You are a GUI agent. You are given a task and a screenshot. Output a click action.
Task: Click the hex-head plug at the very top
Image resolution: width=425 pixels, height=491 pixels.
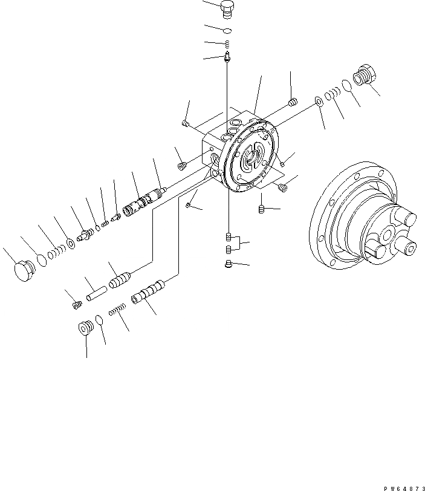pos(227,8)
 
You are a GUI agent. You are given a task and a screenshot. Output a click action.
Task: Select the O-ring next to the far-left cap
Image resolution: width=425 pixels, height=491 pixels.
pos(41,260)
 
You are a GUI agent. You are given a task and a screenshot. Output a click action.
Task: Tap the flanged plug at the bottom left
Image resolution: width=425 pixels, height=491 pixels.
pos(85,327)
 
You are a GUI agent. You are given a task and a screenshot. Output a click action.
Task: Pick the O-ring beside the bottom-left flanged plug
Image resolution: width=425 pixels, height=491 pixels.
pos(99,320)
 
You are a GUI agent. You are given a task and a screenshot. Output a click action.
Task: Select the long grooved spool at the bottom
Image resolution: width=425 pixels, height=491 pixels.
pos(147,293)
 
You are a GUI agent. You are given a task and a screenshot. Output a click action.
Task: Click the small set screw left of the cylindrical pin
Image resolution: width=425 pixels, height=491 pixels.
pos(77,304)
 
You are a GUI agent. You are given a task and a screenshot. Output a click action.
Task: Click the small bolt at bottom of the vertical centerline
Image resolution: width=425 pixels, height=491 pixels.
pos(228,263)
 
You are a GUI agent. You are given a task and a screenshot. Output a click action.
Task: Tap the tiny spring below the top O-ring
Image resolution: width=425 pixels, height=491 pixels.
pos(227,44)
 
